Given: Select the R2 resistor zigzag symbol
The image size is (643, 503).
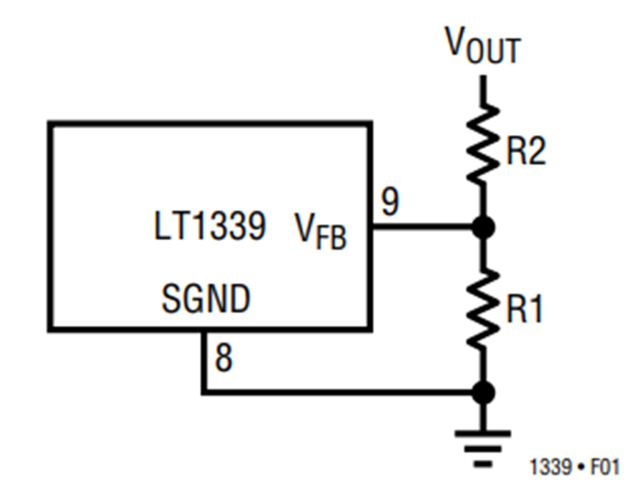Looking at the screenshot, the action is (x=483, y=144).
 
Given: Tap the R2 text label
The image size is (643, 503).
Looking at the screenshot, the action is (x=526, y=151).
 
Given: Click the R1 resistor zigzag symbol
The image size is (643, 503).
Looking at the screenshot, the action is (x=483, y=309).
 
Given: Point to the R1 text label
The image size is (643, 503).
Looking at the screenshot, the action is (x=525, y=308).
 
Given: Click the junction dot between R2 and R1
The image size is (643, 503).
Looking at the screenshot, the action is (x=484, y=227).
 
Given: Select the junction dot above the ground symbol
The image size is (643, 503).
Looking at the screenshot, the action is (x=484, y=392).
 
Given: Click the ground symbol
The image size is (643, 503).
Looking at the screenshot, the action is (x=483, y=449).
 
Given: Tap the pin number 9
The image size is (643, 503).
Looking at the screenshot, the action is (x=390, y=201).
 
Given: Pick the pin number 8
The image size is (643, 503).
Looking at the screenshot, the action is (x=224, y=357).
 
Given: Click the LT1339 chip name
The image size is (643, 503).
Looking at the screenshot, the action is (x=209, y=225).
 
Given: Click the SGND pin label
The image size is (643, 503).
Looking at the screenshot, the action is (x=206, y=298).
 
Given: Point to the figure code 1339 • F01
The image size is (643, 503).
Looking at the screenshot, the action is (x=574, y=467).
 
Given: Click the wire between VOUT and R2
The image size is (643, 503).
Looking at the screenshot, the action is (x=484, y=90).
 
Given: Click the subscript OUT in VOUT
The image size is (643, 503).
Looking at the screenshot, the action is (x=494, y=51).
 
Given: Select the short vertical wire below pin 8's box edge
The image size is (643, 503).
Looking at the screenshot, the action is (x=204, y=361).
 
